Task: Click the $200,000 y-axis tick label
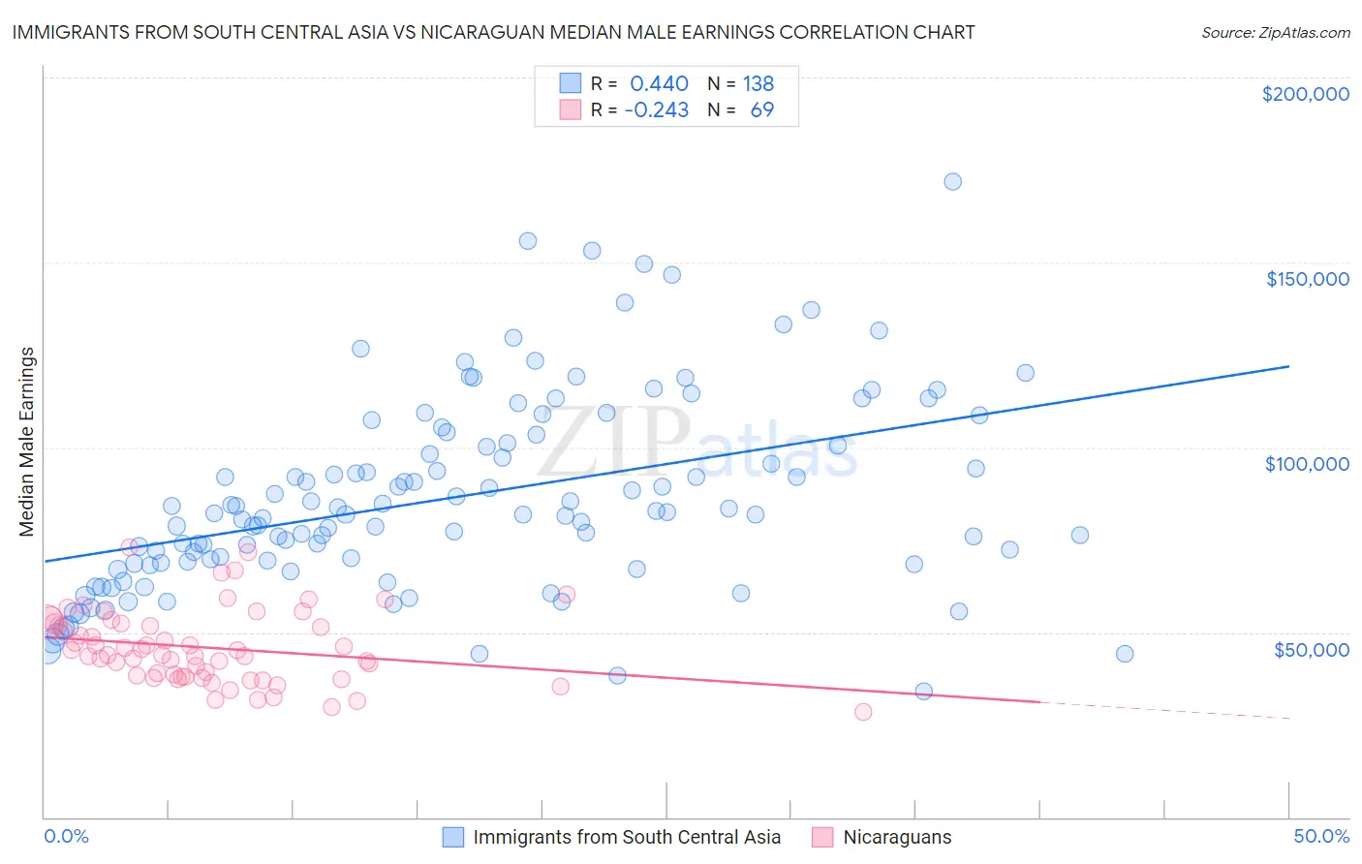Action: click(x=1305, y=94)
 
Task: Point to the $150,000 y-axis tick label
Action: click(x=1307, y=279)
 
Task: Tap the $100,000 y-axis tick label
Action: click(x=1307, y=464)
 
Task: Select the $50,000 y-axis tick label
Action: click(x=1311, y=650)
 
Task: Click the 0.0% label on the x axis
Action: click(x=67, y=836)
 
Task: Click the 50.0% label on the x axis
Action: click(x=1321, y=836)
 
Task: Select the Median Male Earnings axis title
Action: click(x=27, y=442)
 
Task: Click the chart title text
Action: click(x=493, y=32)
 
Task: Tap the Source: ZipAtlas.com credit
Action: click(x=1275, y=32)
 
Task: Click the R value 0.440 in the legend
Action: click(x=659, y=84)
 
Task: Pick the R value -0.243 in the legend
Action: click(x=656, y=110)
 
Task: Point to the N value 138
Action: click(x=758, y=84)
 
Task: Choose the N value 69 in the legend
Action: click(x=762, y=110)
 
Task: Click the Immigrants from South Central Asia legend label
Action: click(x=627, y=837)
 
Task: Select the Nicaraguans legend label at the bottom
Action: click(x=897, y=837)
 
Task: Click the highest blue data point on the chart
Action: click(x=952, y=182)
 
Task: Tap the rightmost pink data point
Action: click(x=863, y=712)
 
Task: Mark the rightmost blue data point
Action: click(x=1125, y=654)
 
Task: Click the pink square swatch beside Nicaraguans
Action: click(x=822, y=837)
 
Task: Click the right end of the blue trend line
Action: click(x=1288, y=366)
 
